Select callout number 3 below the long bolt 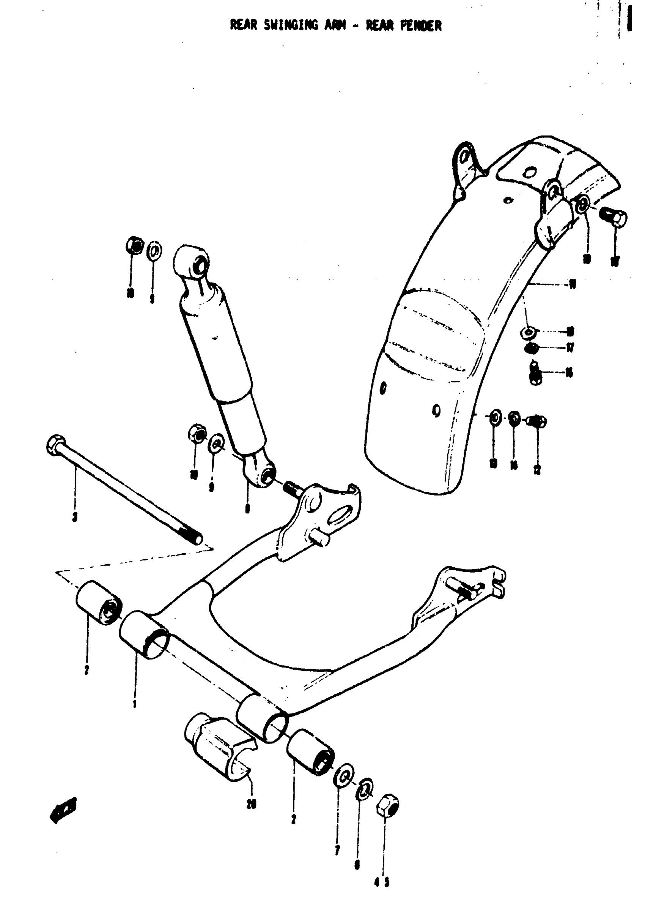75,518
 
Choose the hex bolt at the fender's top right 614,217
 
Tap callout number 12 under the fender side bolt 537,469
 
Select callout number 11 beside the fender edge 573,285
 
